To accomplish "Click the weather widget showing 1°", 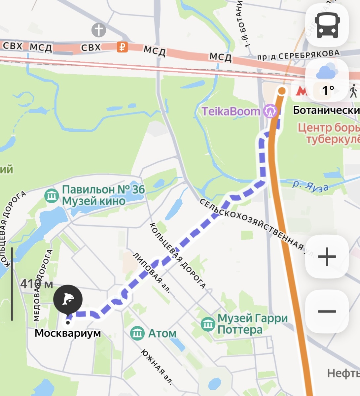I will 327,81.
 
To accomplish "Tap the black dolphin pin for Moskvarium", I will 68,299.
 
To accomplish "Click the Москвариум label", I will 68,333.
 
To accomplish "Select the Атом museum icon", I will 137,333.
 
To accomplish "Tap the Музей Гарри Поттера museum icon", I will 208,324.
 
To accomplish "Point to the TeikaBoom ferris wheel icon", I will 270,112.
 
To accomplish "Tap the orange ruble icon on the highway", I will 122,47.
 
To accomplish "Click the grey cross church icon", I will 98,30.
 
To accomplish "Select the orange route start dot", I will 282,91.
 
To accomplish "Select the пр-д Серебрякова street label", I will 298,55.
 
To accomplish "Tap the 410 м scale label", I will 36,284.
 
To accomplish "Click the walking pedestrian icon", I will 353,91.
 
